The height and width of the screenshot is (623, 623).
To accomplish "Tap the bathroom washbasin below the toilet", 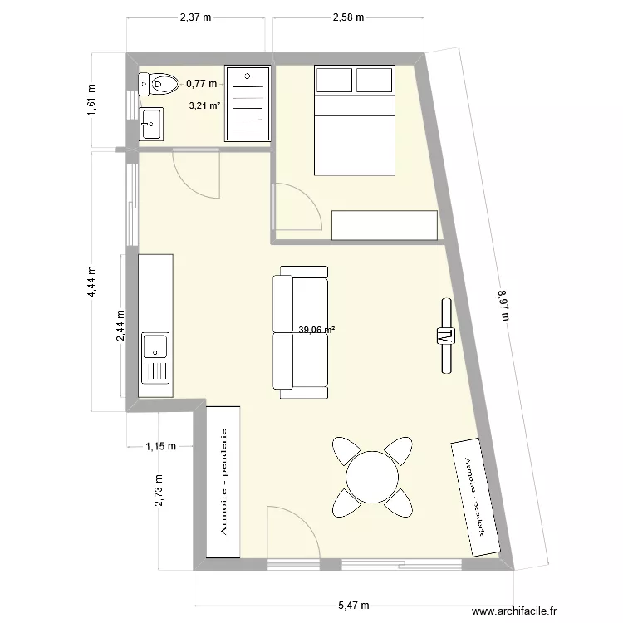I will point(152,124).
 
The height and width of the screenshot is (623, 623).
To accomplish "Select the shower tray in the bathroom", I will point(248,104).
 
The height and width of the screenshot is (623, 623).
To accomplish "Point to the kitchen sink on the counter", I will point(155,357).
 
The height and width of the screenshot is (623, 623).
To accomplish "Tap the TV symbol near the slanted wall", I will point(444,336).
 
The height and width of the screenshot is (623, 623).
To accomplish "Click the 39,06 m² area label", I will point(316,330).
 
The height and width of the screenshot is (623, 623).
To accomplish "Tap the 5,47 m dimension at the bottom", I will point(352,606).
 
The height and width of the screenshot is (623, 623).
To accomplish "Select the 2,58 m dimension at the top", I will point(348,17).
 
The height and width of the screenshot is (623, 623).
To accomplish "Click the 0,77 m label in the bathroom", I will point(201,83).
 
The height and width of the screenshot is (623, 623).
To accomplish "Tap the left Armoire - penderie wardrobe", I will point(223,482).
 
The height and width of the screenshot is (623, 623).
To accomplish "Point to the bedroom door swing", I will point(295,208).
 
